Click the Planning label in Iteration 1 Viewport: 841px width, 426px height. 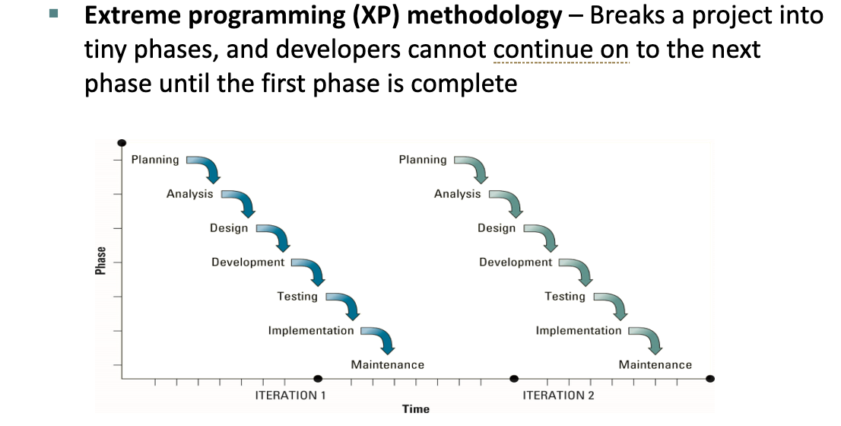point(155,160)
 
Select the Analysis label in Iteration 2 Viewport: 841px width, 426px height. point(457,194)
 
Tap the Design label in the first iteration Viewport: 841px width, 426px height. point(229,228)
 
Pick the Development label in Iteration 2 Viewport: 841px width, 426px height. point(516,262)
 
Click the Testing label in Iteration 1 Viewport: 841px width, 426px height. point(297,297)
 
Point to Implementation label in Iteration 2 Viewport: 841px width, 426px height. point(578,331)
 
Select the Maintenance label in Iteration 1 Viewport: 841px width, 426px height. point(387,365)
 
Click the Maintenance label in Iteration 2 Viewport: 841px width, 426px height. point(655,365)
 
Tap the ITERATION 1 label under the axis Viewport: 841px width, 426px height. point(290,396)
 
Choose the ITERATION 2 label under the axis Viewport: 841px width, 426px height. point(558,396)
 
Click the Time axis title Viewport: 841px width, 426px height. point(416,409)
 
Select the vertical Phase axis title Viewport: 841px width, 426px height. point(100,261)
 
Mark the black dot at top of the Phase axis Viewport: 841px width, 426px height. point(122,143)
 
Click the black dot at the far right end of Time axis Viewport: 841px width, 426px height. point(709,378)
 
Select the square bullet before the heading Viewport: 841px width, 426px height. point(52,14)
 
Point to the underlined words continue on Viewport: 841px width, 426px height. point(560,49)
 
